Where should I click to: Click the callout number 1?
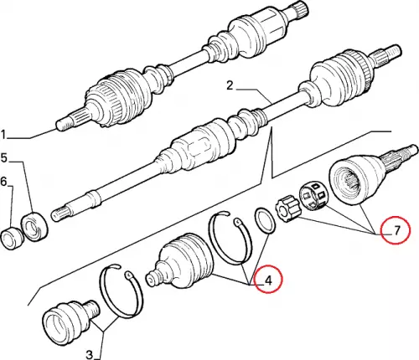(3, 135)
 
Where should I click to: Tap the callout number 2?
(230, 85)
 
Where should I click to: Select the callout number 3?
(89, 355)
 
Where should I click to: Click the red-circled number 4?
(268, 280)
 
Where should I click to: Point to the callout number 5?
(4, 158)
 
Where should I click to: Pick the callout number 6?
(3, 182)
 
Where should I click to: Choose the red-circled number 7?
(396, 230)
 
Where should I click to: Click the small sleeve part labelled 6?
(11, 239)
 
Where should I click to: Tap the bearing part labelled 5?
(34, 226)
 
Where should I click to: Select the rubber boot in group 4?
(181, 263)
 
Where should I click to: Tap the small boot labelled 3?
(71, 322)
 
